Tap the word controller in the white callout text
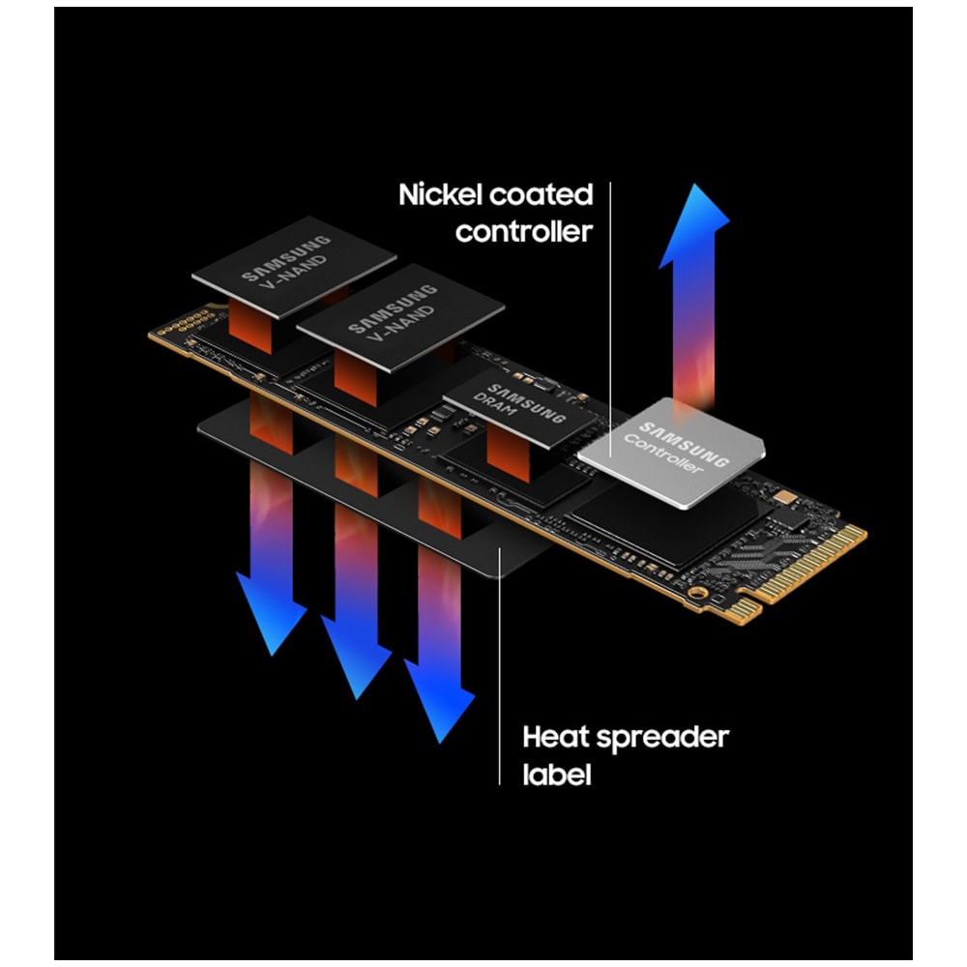[x=523, y=232]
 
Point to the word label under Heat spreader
[x=557, y=774]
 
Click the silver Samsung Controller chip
[x=672, y=453]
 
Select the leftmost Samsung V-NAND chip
[x=294, y=267]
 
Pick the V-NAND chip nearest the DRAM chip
[x=400, y=317]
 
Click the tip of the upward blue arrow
[x=695, y=184]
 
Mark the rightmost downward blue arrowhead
[x=440, y=700]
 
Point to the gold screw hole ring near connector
[x=697, y=594]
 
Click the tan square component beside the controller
[x=784, y=496]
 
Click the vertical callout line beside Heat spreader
[x=500, y=665]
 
